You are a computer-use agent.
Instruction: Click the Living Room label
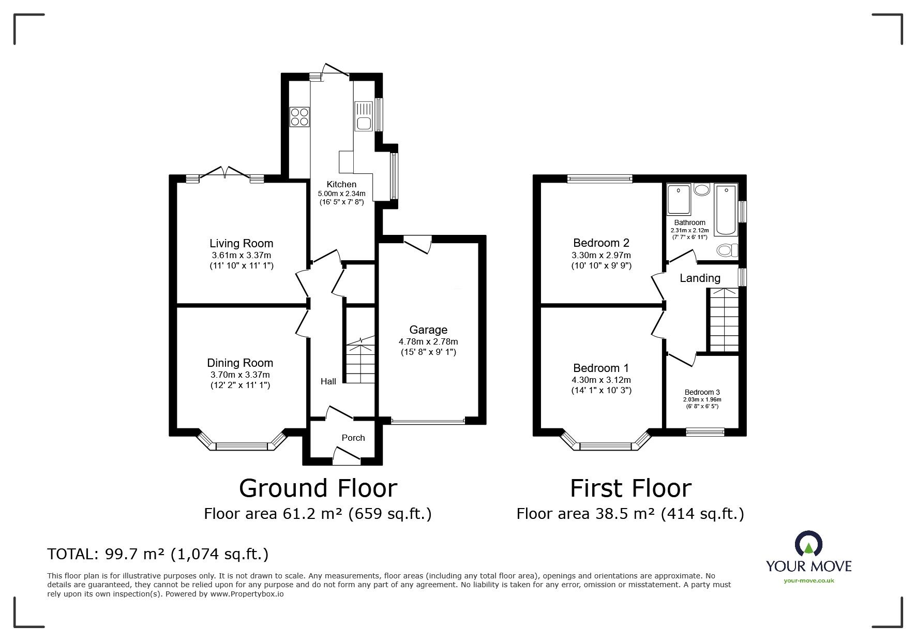click(241, 243)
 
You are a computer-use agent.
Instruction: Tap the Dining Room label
click(240, 363)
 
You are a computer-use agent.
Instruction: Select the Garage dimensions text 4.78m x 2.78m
click(428, 341)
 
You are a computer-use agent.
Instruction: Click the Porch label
click(353, 438)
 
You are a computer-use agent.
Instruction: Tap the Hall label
click(328, 381)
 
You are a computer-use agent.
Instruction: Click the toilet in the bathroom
click(728, 250)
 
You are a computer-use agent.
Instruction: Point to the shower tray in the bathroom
click(679, 199)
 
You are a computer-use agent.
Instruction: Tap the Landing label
click(700, 278)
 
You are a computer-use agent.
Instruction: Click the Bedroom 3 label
click(702, 392)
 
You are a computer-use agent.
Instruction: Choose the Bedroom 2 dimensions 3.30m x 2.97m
click(601, 255)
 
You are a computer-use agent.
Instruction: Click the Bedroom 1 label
click(601, 368)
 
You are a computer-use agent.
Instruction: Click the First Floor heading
click(630, 488)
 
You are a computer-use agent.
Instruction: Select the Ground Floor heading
click(318, 488)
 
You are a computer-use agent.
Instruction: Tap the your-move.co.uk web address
click(808, 580)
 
